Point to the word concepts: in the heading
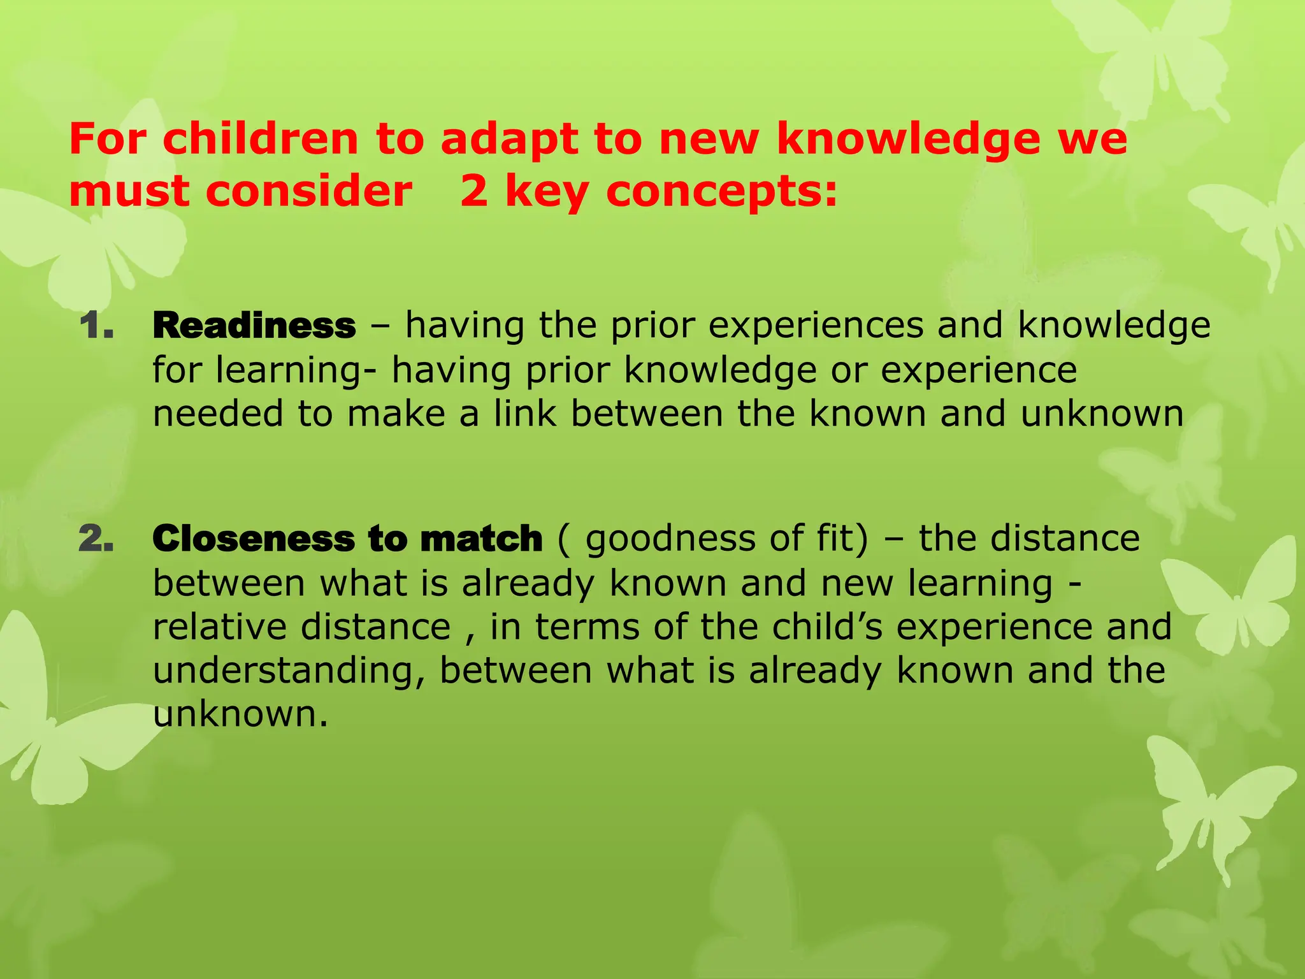(x=721, y=192)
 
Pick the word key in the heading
(x=547, y=193)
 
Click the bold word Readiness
(x=254, y=326)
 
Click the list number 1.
(x=96, y=326)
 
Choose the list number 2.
(x=96, y=539)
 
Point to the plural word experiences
(x=816, y=326)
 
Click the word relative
(x=220, y=627)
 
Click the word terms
(x=587, y=627)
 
